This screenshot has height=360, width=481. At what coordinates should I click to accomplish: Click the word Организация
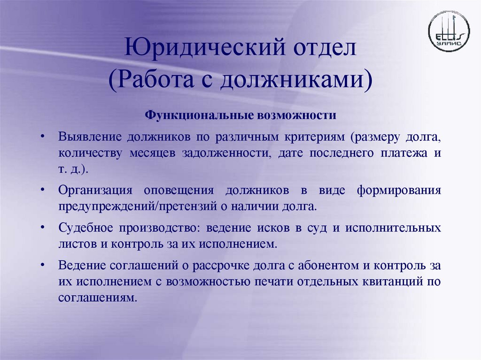[x=93, y=191]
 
